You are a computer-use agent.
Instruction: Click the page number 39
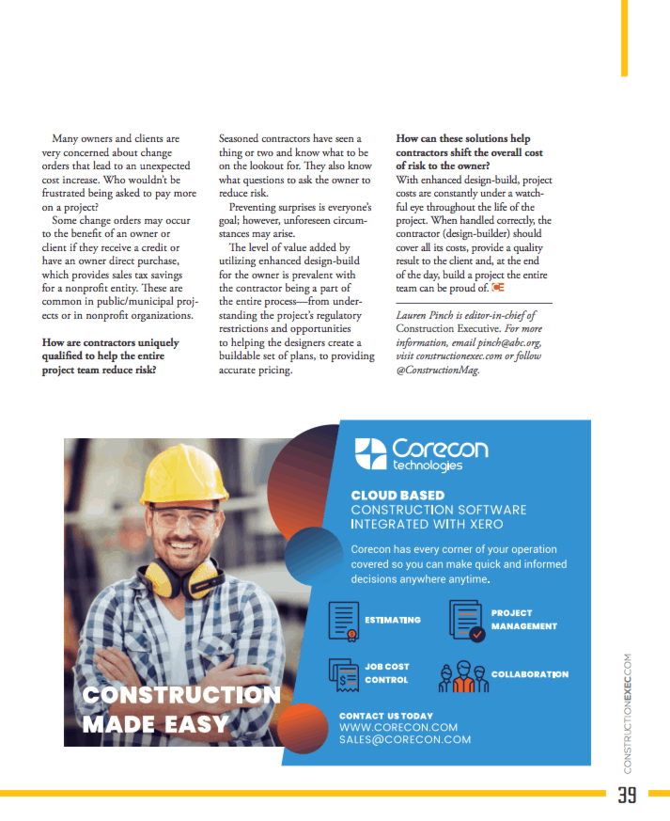click(x=627, y=795)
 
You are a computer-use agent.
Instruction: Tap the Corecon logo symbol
click(x=369, y=454)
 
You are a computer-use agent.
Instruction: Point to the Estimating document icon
click(x=345, y=621)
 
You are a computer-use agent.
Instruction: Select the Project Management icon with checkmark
click(x=466, y=621)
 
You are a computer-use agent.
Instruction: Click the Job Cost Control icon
click(x=344, y=673)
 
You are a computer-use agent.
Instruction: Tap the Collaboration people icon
click(x=461, y=674)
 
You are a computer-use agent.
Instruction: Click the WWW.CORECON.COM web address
click(x=398, y=727)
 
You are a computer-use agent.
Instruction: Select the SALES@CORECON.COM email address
click(x=405, y=740)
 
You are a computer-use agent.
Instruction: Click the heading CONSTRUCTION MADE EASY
click(x=180, y=709)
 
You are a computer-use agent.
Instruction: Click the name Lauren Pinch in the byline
click(x=428, y=316)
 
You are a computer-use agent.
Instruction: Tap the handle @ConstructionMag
click(x=438, y=371)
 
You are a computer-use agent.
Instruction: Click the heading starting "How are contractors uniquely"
click(x=110, y=356)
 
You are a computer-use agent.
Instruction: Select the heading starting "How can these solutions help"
click(x=469, y=151)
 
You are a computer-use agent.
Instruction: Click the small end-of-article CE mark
click(x=498, y=287)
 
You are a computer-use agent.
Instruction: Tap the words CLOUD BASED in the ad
click(x=397, y=495)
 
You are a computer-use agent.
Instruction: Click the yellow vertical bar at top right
click(x=624, y=38)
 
